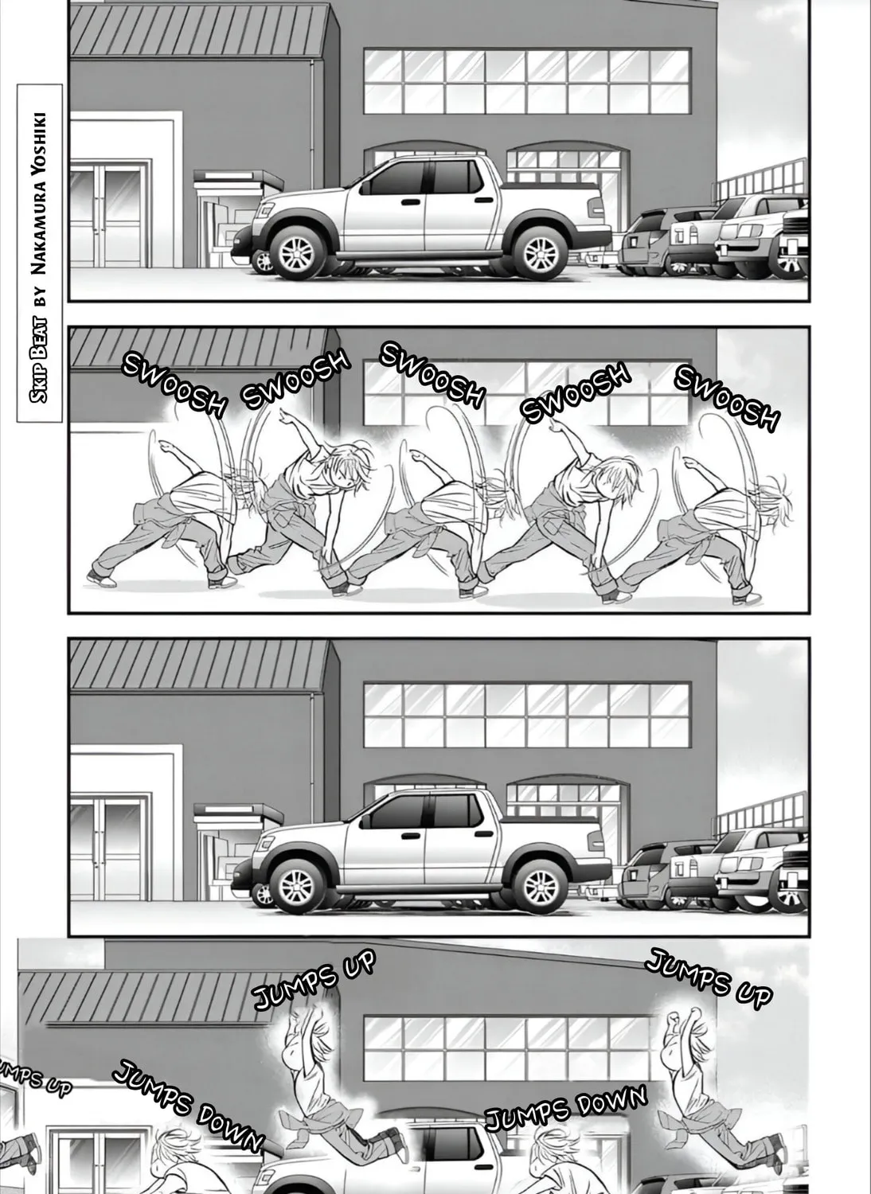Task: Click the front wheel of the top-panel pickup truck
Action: (x=297, y=252)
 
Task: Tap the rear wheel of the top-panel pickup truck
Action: (x=540, y=252)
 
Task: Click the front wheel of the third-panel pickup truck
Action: (x=297, y=886)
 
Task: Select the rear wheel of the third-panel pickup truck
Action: (x=540, y=886)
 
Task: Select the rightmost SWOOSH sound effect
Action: (x=727, y=397)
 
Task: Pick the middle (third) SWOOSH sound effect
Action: (x=432, y=375)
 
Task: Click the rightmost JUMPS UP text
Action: (x=709, y=979)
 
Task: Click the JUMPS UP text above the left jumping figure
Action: (x=314, y=981)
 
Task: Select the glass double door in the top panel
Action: (x=108, y=215)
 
